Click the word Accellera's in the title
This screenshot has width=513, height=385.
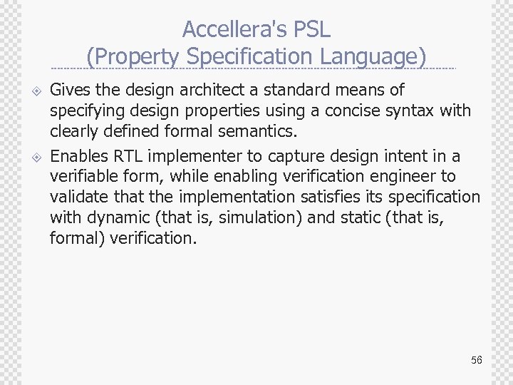(x=231, y=29)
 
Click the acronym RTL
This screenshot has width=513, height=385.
(x=128, y=155)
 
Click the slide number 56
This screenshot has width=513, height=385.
(x=476, y=360)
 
